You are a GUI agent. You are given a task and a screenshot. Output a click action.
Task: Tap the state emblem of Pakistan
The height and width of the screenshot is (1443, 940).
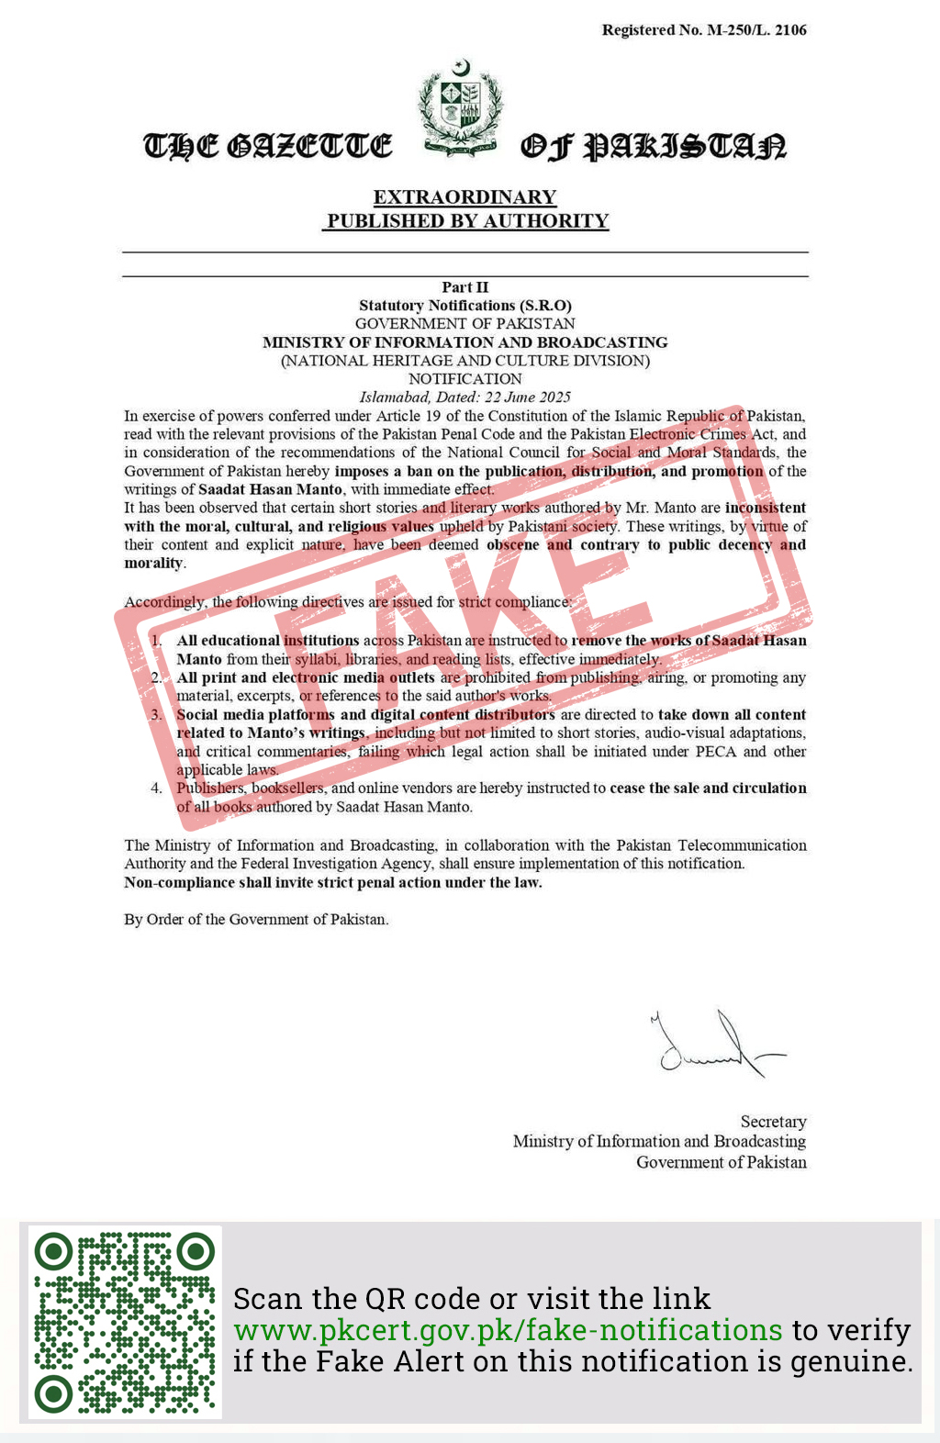tap(461, 108)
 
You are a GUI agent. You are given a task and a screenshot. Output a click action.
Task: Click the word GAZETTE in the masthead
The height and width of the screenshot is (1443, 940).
tap(308, 146)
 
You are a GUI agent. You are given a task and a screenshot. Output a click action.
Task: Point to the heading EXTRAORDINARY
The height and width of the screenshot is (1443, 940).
tap(464, 197)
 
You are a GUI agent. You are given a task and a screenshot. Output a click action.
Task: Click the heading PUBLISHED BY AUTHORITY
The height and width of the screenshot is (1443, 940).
tap(468, 221)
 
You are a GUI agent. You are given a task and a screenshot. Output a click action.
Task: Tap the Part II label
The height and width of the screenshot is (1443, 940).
tap(465, 287)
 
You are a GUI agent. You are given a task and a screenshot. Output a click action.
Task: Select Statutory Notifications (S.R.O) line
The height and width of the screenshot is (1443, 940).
tap(465, 306)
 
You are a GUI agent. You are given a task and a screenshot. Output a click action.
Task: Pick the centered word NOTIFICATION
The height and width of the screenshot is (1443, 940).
tap(465, 379)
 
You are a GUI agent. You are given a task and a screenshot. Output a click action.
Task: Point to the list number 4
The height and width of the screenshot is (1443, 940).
tap(157, 789)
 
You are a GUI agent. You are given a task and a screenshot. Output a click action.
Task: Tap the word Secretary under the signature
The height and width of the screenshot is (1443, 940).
tap(773, 1122)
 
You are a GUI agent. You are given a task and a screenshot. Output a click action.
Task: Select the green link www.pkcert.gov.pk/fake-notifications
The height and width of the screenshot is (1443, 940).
tap(508, 1330)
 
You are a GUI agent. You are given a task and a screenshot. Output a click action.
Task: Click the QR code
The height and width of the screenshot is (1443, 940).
tap(125, 1322)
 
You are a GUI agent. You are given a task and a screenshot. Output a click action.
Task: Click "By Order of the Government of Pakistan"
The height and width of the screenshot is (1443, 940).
tap(256, 920)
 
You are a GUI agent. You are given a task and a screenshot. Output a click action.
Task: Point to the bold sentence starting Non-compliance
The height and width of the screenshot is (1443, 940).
tap(333, 883)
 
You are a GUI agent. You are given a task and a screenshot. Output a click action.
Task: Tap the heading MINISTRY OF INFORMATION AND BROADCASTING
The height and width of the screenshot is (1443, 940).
tap(465, 342)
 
